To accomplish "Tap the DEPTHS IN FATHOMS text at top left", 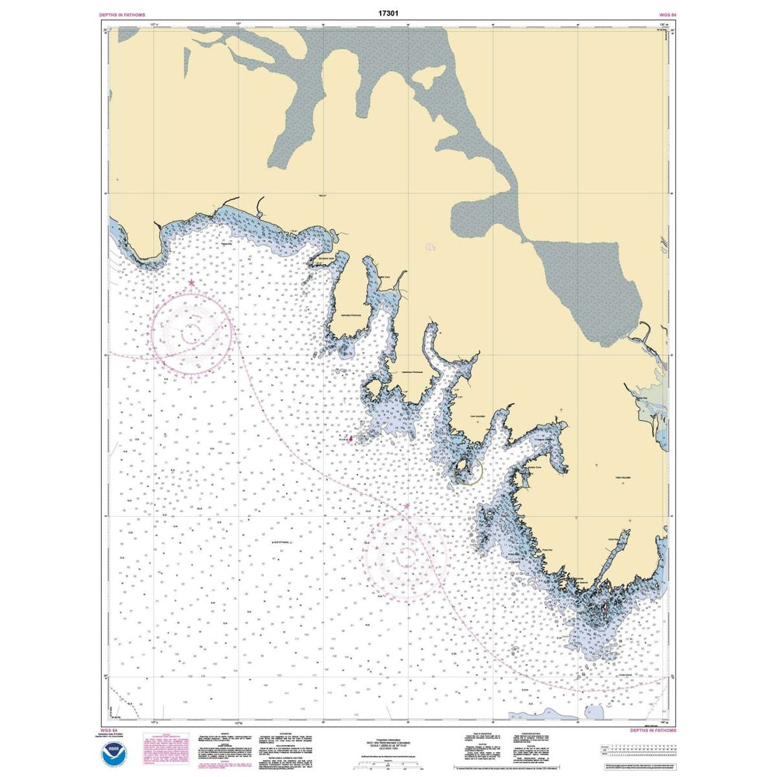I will [124, 15].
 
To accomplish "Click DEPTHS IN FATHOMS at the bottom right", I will [651, 730].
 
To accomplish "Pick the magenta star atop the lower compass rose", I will [406, 507].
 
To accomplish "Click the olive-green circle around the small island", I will [468, 470].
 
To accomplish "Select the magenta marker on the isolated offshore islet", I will [350, 438].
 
